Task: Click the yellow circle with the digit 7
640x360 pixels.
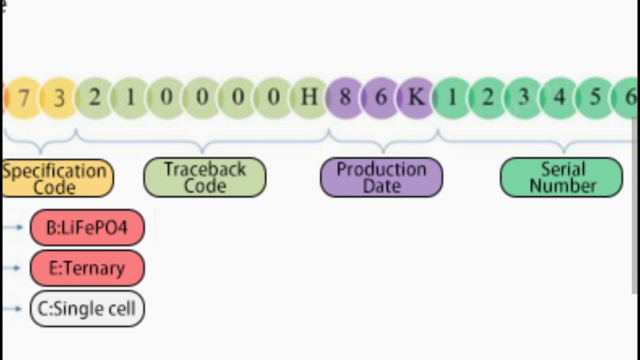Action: pos(23,98)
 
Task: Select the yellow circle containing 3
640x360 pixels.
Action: pos(59,98)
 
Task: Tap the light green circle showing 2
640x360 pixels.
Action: pos(94,97)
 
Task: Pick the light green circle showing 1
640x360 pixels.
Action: pos(130,97)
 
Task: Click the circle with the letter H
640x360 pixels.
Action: pos(309,97)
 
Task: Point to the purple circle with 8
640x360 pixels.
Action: pos(344,97)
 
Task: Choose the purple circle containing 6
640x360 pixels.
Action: pos(380,97)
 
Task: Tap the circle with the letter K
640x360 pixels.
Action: pos(416,97)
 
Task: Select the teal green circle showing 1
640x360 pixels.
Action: pos(452,97)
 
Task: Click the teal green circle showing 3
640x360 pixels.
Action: pos(523,97)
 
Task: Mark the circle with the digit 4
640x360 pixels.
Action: pos(559,97)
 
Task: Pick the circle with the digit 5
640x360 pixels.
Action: pos(595,97)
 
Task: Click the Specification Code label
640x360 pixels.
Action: pos(56,178)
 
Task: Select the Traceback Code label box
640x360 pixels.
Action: pos(205,177)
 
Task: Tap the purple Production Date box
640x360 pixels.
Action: pos(381,177)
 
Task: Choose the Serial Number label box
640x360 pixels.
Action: pos(561,177)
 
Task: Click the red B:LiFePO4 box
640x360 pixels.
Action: pos(87,228)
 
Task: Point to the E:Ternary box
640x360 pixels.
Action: pos(87,268)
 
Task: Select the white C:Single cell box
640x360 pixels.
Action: pos(87,309)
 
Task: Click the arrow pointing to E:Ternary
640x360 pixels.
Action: pos(12,268)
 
